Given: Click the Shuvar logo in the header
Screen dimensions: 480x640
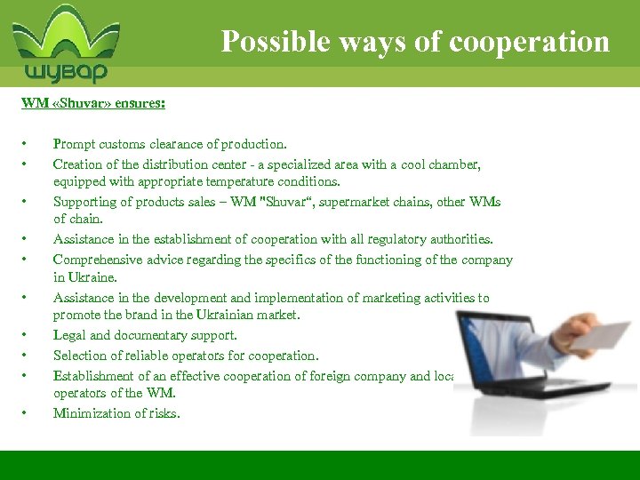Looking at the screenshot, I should pos(66,44).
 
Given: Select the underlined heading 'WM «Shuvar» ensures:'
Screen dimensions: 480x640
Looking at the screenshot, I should pos(93,103).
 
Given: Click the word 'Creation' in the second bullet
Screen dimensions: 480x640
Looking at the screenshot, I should pos(77,164).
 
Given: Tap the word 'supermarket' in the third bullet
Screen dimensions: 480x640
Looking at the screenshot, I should pos(341,202).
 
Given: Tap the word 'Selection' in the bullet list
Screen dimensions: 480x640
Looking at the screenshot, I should pos(79,356).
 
